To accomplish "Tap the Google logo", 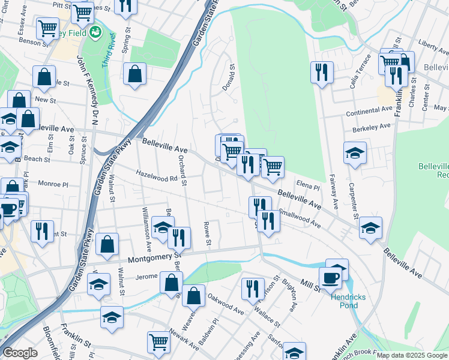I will tap(20, 353).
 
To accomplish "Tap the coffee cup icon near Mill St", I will tap(330, 278).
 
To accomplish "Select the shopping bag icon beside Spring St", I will tap(135, 75).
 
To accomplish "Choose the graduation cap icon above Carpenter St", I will tap(355, 152).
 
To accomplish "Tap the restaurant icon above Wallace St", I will tap(253, 289).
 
